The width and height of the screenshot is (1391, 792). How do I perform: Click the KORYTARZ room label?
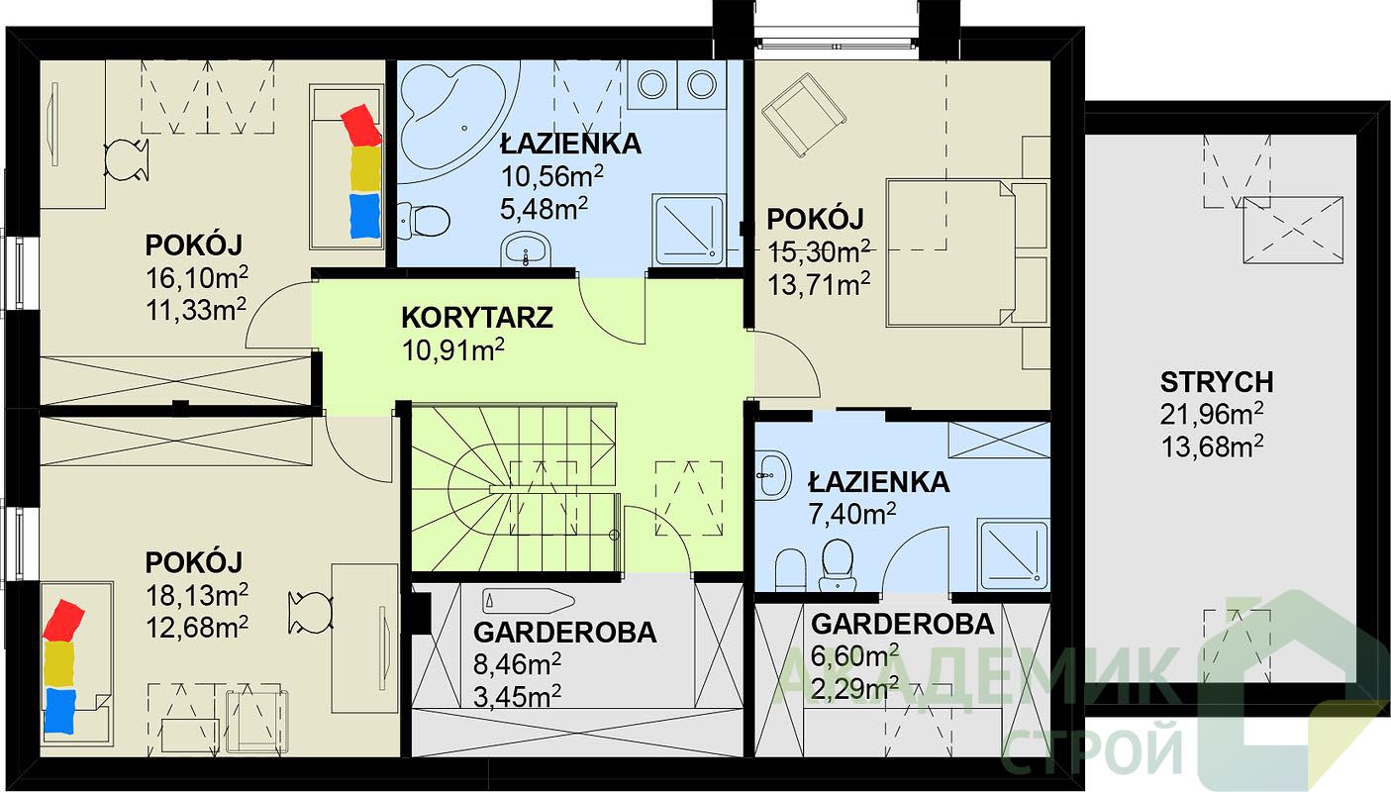(477, 318)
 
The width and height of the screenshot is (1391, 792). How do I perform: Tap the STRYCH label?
(1217, 382)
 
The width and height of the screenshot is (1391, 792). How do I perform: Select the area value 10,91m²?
(452, 350)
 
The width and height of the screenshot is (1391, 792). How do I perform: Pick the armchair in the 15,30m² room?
(804, 115)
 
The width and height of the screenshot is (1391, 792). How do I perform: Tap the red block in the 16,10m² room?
(362, 124)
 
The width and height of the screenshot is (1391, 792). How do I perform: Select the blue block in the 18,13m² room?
(59, 711)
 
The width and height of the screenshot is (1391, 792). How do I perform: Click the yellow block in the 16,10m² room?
(365, 168)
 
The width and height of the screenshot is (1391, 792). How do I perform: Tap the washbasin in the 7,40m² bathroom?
(774, 474)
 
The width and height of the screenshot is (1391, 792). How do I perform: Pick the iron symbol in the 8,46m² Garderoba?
(529, 601)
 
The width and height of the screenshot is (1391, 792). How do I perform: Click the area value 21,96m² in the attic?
(1212, 415)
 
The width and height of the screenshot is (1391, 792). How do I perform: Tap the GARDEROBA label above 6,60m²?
(902, 625)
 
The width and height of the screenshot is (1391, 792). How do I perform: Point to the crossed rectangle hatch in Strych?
(1293, 230)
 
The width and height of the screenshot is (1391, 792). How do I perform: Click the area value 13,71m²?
(819, 284)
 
